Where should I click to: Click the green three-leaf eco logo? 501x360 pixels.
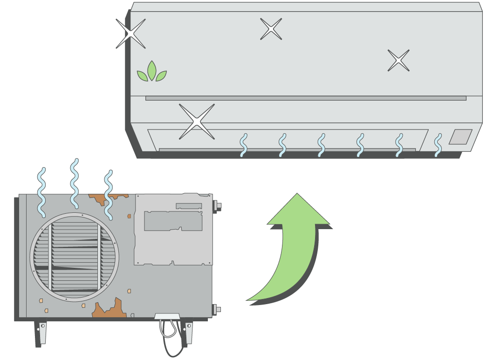click(151, 72)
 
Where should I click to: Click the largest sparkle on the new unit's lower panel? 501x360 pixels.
click(197, 122)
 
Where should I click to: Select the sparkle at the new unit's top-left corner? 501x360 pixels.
click(130, 34)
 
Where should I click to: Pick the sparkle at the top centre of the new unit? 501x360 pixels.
click(271, 29)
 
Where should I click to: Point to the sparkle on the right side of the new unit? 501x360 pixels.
click(398, 61)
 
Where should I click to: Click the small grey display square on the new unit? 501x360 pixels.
click(460, 136)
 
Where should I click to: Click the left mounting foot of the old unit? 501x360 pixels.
click(42, 332)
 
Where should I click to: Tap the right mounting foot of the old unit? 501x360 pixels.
click(188, 332)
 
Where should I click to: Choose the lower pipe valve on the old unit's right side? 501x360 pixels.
click(217, 309)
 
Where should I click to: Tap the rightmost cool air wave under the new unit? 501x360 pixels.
click(438, 145)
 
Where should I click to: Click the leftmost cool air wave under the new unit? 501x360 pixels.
click(243, 145)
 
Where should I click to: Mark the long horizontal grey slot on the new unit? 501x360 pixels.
click(305, 98)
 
